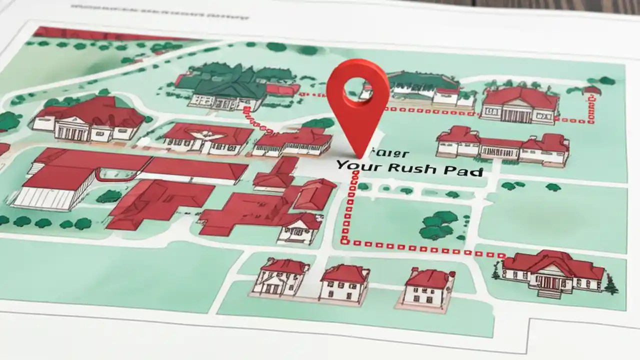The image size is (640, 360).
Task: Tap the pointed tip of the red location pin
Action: point(358,156)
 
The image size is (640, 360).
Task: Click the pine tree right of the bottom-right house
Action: point(611,283)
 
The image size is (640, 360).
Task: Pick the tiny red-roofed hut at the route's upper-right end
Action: point(592,91)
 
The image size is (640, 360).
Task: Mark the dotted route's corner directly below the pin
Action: point(344,241)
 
